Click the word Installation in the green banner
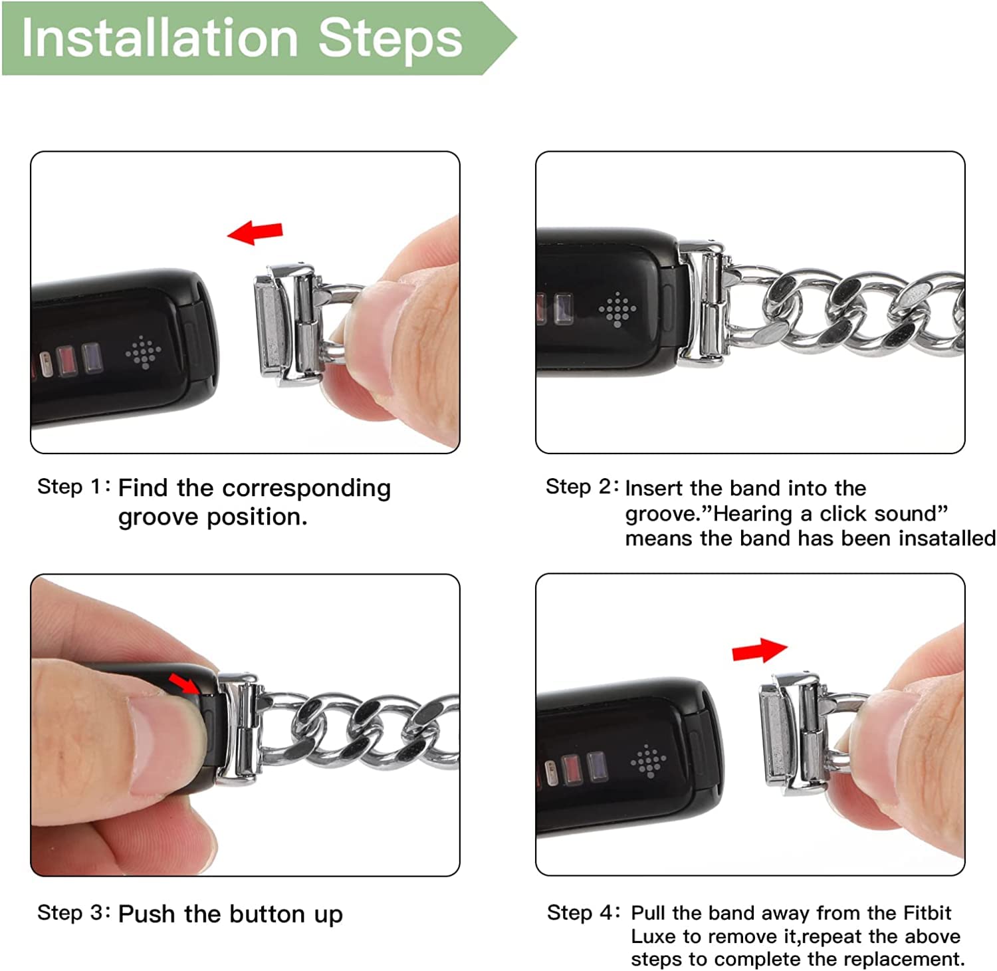click(x=160, y=38)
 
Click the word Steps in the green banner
click(x=390, y=39)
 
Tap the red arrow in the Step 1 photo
click(x=255, y=232)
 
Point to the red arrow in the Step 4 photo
click(x=760, y=650)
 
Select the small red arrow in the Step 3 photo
click(x=184, y=683)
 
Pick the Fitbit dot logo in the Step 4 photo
click(x=648, y=760)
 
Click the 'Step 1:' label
click(x=74, y=486)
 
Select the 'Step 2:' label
click(x=582, y=486)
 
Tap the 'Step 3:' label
click(x=74, y=912)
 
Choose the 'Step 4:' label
click(x=584, y=912)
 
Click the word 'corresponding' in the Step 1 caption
click(x=306, y=489)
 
